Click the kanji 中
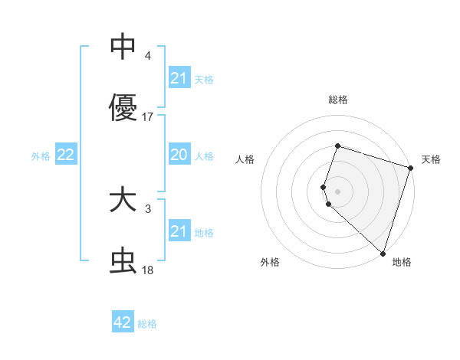click(x=123, y=46)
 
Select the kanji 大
click(x=123, y=201)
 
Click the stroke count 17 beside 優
click(x=148, y=117)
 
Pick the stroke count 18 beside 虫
click(x=148, y=270)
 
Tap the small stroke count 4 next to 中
click(x=147, y=55)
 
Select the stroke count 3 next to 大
click(x=147, y=208)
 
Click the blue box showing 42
click(x=123, y=322)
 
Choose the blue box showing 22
click(x=66, y=155)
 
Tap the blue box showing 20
click(x=179, y=155)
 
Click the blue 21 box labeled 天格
click(x=179, y=78)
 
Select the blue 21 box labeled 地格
click(x=179, y=231)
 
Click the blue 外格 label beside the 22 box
click(x=41, y=156)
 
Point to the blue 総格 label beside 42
click(x=147, y=324)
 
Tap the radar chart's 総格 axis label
click(x=337, y=100)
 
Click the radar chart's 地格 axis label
click(x=402, y=262)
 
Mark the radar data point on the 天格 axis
click(x=410, y=168)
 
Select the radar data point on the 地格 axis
click(x=383, y=253)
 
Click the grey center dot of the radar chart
click(x=337, y=191)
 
